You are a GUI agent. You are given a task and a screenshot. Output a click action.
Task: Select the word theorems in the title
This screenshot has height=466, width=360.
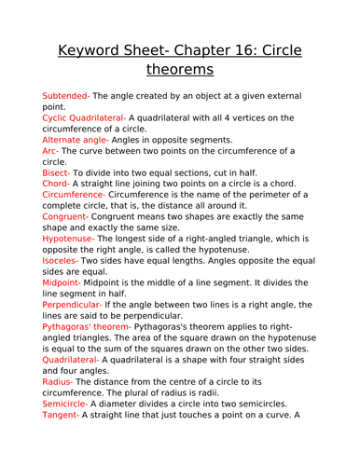(180, 70)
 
